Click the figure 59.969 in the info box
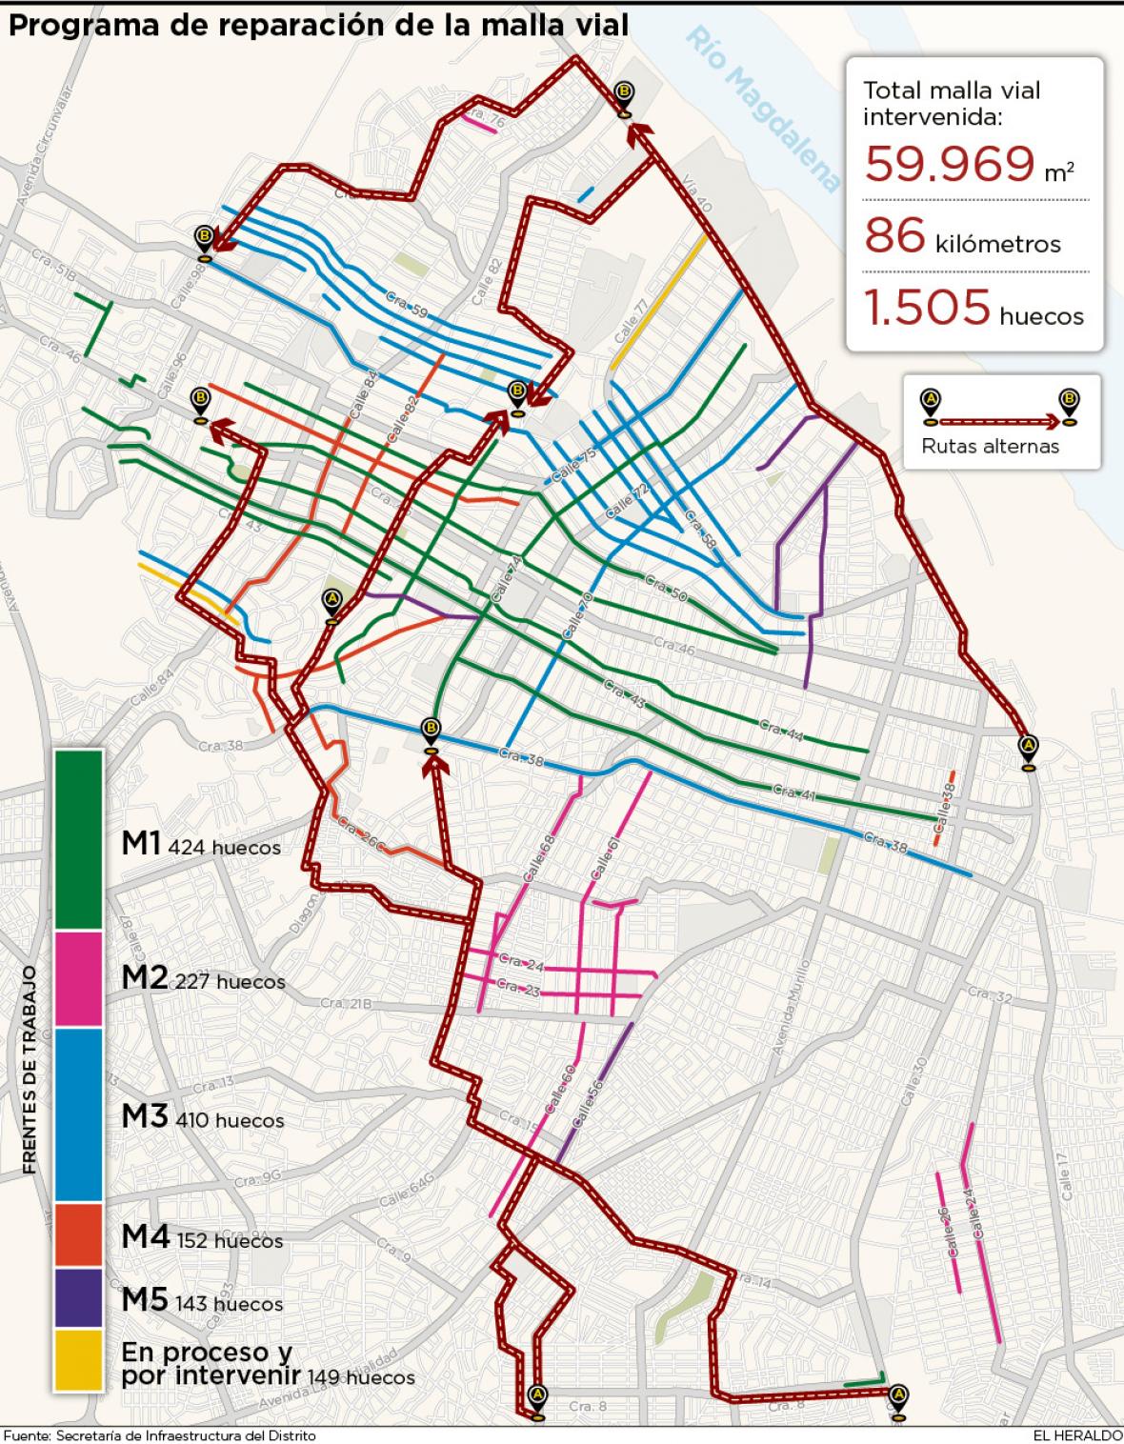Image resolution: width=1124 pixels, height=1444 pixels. click(950, 164)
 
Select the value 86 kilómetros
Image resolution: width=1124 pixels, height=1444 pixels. click(962, 236)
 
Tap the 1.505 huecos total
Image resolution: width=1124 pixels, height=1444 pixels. click(973, 309)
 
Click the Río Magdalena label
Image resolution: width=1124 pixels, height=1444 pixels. click(763, 110)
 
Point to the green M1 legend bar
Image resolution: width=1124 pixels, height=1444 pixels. click(78, 838)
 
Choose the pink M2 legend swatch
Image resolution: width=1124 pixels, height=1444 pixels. click(78, 978)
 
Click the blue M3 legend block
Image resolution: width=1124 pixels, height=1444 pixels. click(78, 1114)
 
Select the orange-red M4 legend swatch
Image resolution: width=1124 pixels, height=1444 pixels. click(78, 1235)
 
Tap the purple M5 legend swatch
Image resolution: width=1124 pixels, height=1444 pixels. click(78, 1297)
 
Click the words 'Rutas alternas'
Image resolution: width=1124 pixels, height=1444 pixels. click(990, 446)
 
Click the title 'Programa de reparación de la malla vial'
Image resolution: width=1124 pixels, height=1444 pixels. click(318, 25)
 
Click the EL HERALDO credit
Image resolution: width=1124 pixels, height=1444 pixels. click(1076, 1434)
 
